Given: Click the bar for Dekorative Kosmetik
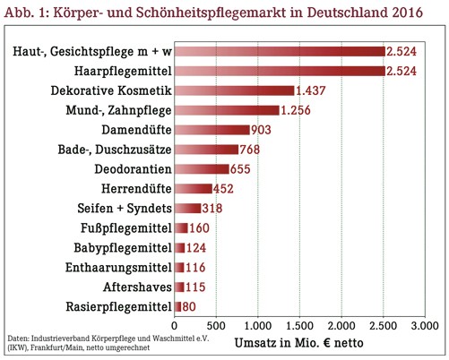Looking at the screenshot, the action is (235, 90).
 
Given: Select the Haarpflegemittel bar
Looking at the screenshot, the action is (280, 71).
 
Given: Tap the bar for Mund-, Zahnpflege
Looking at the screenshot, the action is (227, 110).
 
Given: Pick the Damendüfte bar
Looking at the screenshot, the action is (212, 130).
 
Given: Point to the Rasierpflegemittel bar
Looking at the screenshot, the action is (178, 307).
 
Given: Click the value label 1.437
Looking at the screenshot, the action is (311, 90).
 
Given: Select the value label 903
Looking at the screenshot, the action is (261, 130).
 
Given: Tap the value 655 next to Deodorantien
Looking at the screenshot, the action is (240, 169).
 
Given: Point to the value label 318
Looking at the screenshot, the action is (212, 209).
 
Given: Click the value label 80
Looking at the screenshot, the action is (189, 307).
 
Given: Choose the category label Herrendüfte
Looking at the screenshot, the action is (136, 189).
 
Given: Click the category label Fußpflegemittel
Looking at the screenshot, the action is (126, 228).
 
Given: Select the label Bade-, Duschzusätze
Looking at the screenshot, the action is (115, 150).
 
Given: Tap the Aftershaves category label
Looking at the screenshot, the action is (137, 287).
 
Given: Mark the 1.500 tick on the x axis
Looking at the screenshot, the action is (299, 326).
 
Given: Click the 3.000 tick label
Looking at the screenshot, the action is (425, 326).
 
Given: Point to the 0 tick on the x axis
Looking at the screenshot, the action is (175, 326).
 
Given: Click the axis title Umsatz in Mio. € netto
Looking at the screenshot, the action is (299, 343).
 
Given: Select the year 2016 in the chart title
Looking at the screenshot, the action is (408, 13).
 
